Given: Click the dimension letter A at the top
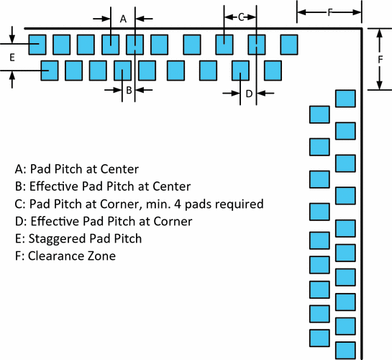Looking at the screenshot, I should point(123,19).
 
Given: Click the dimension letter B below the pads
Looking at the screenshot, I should point(128,90).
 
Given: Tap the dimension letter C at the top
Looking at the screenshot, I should point(241,17).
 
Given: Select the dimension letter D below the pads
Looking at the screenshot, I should point(248,93).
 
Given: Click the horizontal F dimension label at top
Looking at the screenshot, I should point(329,12).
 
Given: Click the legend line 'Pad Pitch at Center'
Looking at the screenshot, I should point(76,170).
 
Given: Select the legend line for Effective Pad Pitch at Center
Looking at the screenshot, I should point(102,186).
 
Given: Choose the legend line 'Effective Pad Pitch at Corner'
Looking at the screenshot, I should point(103,221).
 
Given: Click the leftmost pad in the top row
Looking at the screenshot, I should point(37,44).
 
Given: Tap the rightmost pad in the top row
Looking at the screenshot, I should point(289,44).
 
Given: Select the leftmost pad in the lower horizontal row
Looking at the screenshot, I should point(50,70).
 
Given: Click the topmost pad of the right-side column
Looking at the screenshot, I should point(346,99).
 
